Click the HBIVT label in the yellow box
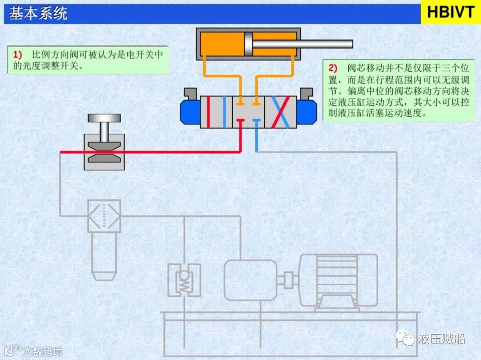451,12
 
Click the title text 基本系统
38,13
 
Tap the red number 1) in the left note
17,55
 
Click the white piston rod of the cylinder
303,44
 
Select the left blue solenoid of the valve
189,111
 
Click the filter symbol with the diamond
104,216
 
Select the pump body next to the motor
250,280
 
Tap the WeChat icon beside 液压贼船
406,339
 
